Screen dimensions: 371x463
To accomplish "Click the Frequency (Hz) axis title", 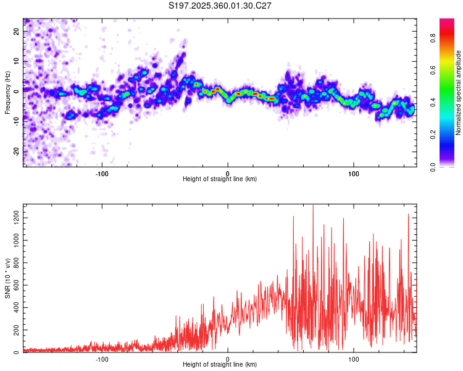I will [7, 92].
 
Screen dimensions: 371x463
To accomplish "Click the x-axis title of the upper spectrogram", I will [220, 179].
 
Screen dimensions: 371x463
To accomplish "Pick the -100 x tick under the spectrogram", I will [102, 173].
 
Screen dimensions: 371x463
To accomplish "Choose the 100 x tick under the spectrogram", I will [354, 173].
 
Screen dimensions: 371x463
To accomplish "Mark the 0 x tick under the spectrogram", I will [228, 173].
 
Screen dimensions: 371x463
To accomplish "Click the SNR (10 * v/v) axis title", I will [7, 278].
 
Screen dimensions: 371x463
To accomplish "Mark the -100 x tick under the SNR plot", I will [102, 359].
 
